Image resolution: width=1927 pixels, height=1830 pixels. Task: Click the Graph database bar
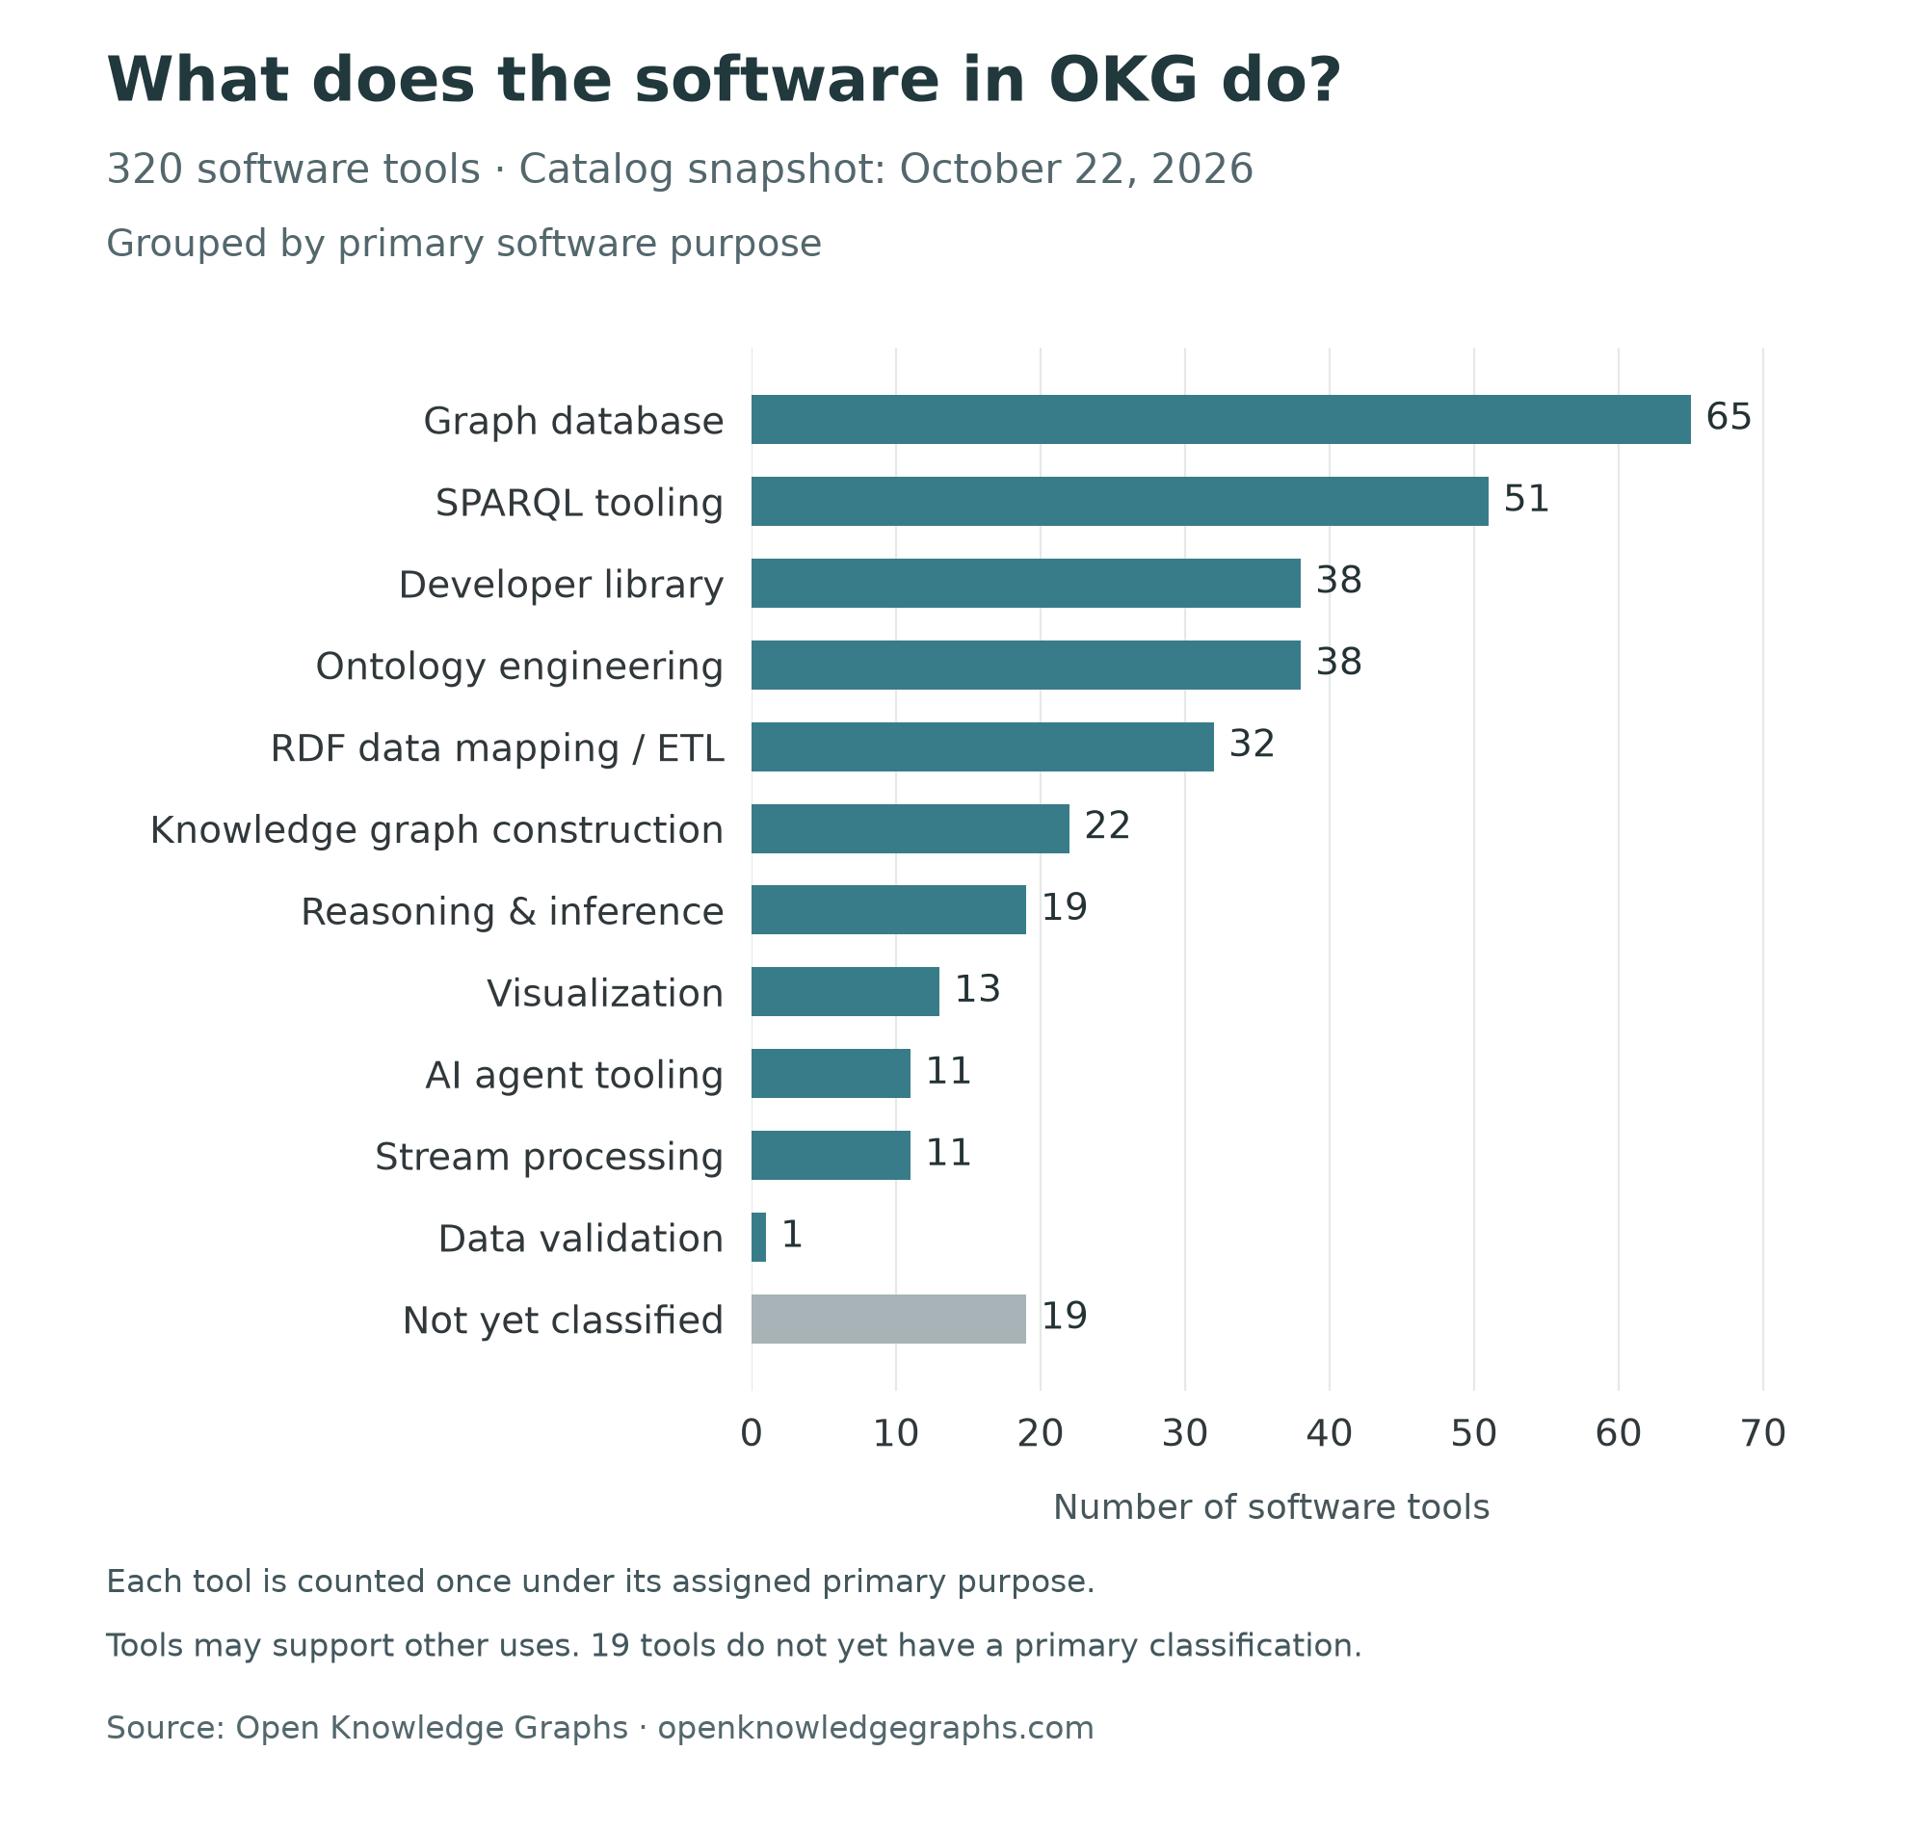coord(1221,420)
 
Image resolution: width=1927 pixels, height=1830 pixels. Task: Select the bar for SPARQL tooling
coord(1121,502)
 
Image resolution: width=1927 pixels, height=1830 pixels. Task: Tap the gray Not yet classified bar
coord(889,1319)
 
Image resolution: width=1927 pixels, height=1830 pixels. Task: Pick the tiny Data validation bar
coord(759,1237)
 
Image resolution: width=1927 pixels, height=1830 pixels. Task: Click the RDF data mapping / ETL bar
coord(983,746)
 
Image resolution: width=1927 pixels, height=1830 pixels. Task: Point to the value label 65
coord(1729,417)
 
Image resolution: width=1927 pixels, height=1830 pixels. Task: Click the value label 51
coord(1526,500)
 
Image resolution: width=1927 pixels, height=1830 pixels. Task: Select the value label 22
coord(1107,826)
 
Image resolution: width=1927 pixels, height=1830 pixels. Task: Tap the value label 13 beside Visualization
coord(978,989)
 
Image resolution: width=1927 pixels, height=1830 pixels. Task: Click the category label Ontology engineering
coord(519,667)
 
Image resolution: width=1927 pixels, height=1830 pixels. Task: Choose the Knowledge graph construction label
coord(437,830)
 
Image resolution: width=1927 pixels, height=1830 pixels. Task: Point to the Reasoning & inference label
coord(513,912)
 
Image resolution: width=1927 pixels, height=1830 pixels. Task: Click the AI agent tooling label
coord(574,1075)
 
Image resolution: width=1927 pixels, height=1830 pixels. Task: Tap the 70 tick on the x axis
coord(1763,1434)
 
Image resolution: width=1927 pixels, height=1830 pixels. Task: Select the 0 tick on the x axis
coord(752,1434)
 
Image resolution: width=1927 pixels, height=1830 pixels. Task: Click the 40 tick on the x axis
coord(1329,1434)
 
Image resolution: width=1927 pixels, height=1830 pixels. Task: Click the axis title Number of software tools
coord(1271,1507)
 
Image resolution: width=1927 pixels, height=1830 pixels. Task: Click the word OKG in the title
coord(1122,80)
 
